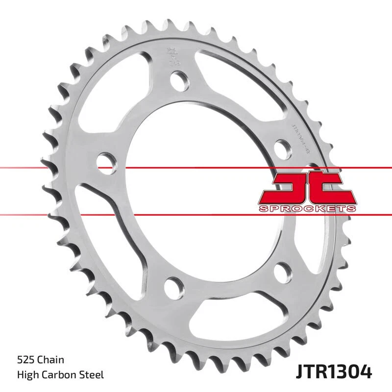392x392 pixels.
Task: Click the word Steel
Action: [x=93, y=375]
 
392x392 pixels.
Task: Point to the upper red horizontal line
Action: [x=196, y=168]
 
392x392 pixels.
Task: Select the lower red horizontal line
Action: [x=196, y=214]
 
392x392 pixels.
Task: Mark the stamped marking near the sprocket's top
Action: [x=171, y=55]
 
